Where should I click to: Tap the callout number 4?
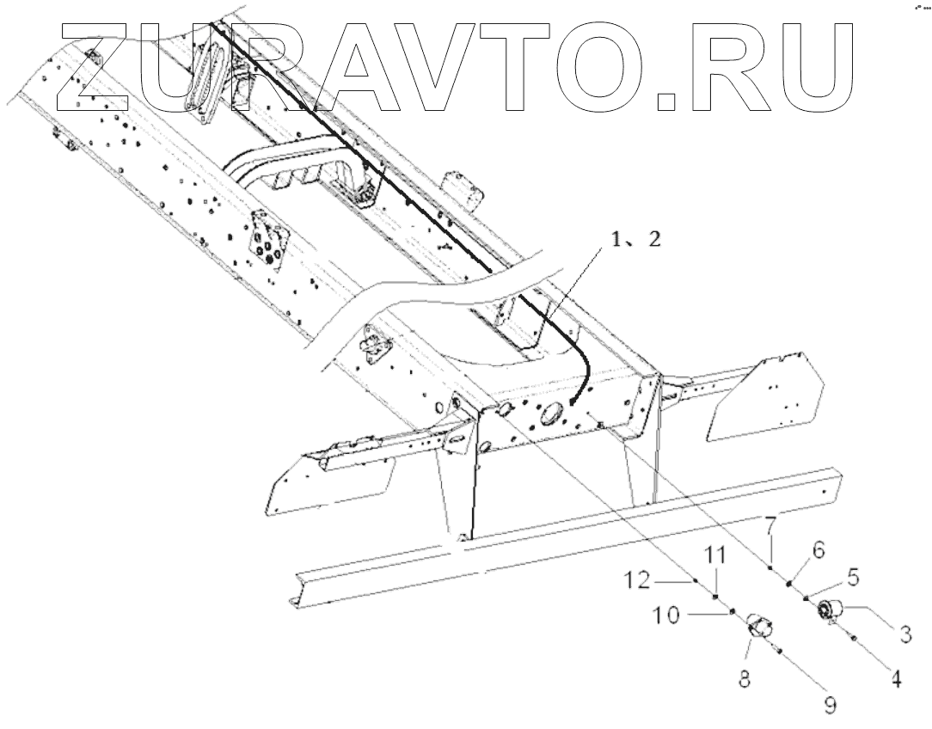[x=895, y=679]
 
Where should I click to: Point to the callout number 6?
[x=818, y=547]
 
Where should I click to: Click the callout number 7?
[x=770, y=521]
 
